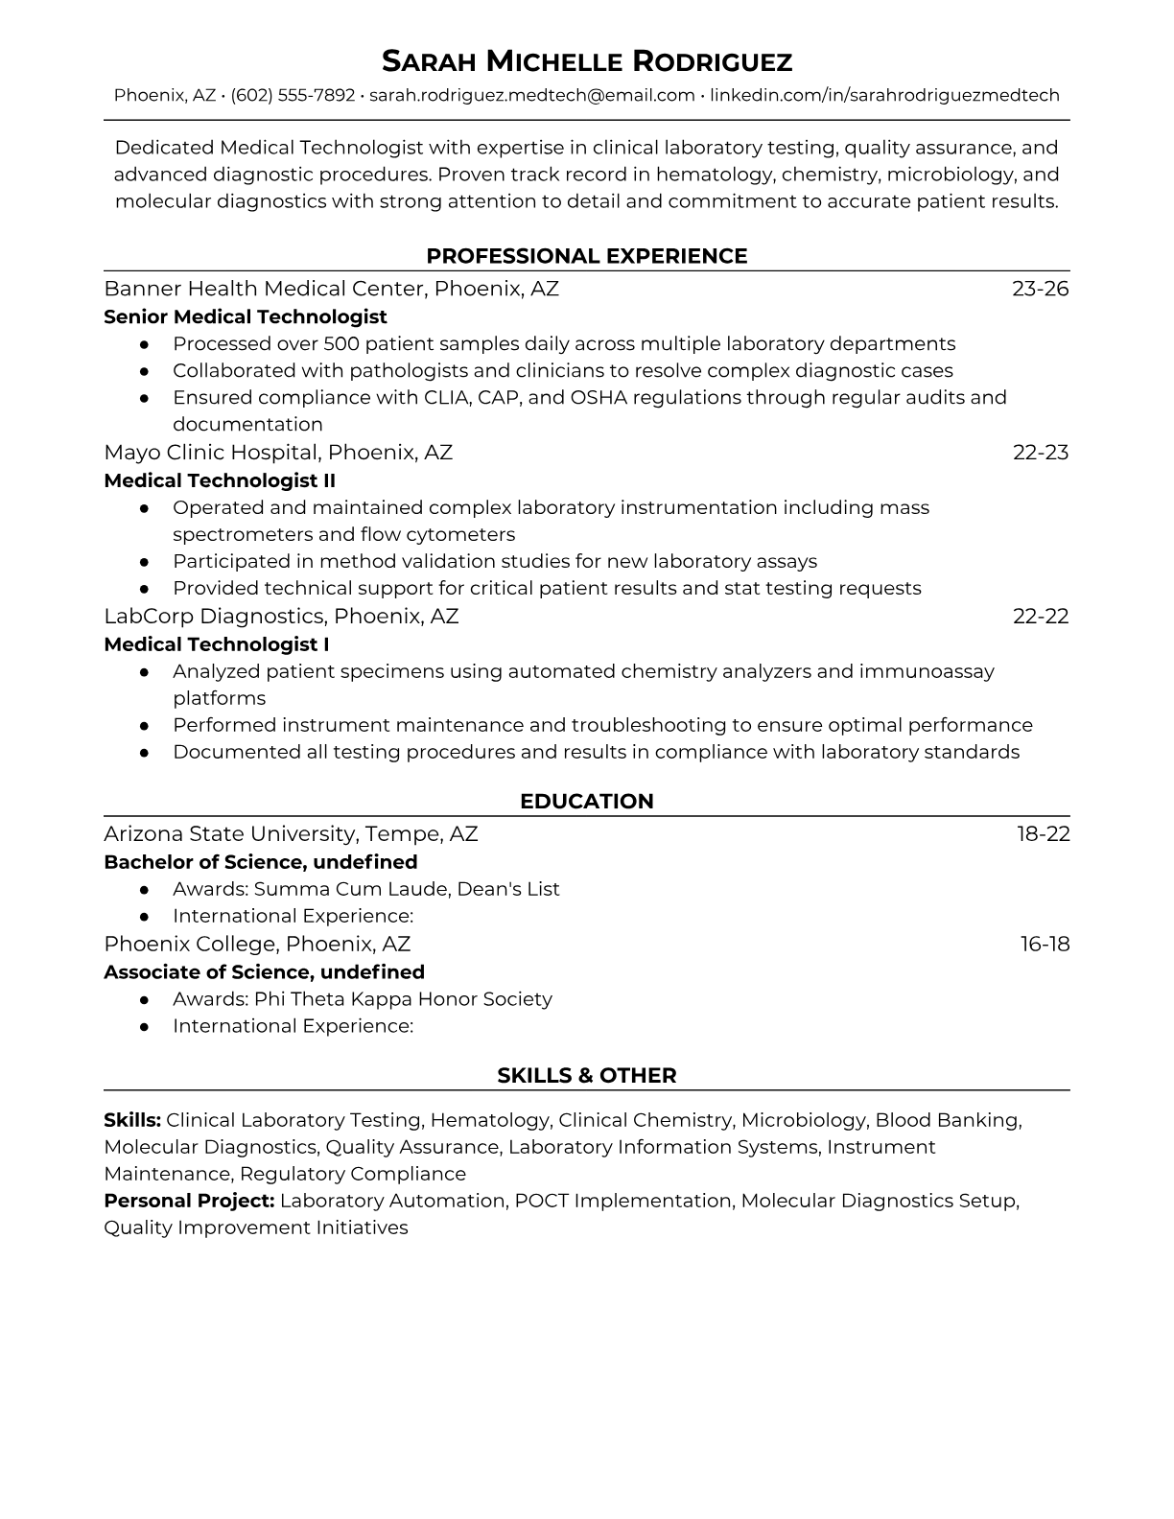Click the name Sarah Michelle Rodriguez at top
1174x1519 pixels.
pos(587,62)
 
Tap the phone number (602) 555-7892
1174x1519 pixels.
pos(293,96)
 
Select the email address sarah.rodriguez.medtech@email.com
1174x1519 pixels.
pos(531,96)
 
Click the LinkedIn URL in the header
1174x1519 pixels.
pos(884,96)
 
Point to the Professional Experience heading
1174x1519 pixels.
pos(587,256)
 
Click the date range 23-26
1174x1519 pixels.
pos(1040,289)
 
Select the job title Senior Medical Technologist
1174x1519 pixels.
pos(246,316)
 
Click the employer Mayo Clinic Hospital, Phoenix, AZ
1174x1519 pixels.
pos(278,452)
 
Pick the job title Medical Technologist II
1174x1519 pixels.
pos(220,480)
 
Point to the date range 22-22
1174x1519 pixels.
pos(1041,616)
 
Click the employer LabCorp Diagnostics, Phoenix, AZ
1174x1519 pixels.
pos(281,616)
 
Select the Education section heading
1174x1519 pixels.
pos(587,802)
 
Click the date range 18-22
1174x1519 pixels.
pos(1043,833)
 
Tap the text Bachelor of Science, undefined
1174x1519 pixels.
pos(261,861)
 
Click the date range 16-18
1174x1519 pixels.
pos(1045,944)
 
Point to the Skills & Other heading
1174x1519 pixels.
pos(587,1076)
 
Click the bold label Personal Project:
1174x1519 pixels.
pos(189,1201)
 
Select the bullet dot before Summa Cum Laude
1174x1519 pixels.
pos(144,890)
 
